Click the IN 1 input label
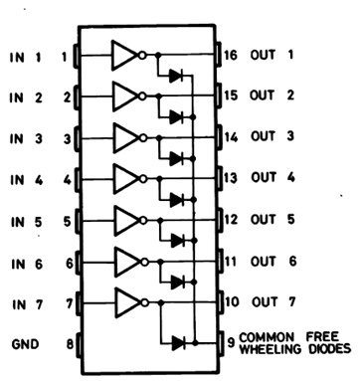point(27,56)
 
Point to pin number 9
point(231,343)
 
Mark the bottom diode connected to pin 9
point(179,343)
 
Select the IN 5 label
point(27,221)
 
